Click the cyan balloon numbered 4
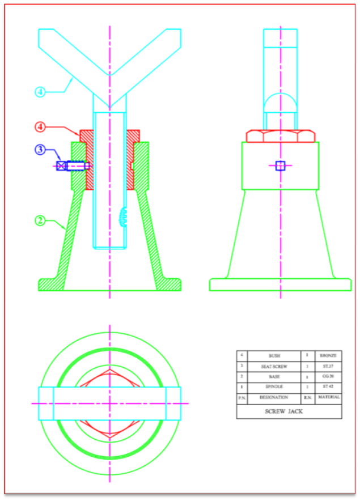point(40,92)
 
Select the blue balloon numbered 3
point(40,150)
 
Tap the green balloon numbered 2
point(40,220)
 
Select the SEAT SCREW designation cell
point(274,366)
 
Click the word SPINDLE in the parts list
point(274,387)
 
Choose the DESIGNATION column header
point(274,398)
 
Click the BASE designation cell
point(274,376)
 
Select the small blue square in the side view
point(280,166)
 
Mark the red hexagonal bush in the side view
point(280,135)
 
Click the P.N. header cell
point(242,398)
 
